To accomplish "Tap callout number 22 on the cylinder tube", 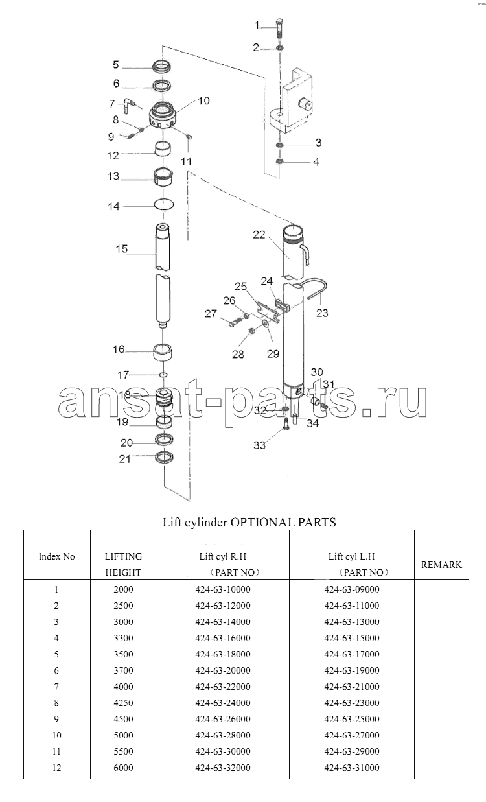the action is [x=259, y=235].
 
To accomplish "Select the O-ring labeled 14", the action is [x=164, y=205].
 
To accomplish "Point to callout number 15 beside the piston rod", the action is [x=122, y=249].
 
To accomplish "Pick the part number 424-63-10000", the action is [x=223, y=589].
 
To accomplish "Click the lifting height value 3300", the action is [x=124, y=638].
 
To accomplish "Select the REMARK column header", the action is [x=441, y=565].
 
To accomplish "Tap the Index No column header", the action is [x=56, y=556].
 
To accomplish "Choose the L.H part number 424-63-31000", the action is [x=351, y=767].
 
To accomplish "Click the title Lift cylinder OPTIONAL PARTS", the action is [x=249, y=523].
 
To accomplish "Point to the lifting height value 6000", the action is [x=124, y=767].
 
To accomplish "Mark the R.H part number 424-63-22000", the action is [x=223, y=687].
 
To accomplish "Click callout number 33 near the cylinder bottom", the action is [x=259, y=445].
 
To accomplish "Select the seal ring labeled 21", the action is [x=165, y=457].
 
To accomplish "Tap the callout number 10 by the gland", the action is [x=203, y=101].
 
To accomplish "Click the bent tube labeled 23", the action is [x=314, y=287].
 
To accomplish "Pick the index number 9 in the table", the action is [x=56, y=719].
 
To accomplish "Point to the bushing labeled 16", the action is [x=162, y=351].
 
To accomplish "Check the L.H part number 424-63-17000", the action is [x=351, y=654].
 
